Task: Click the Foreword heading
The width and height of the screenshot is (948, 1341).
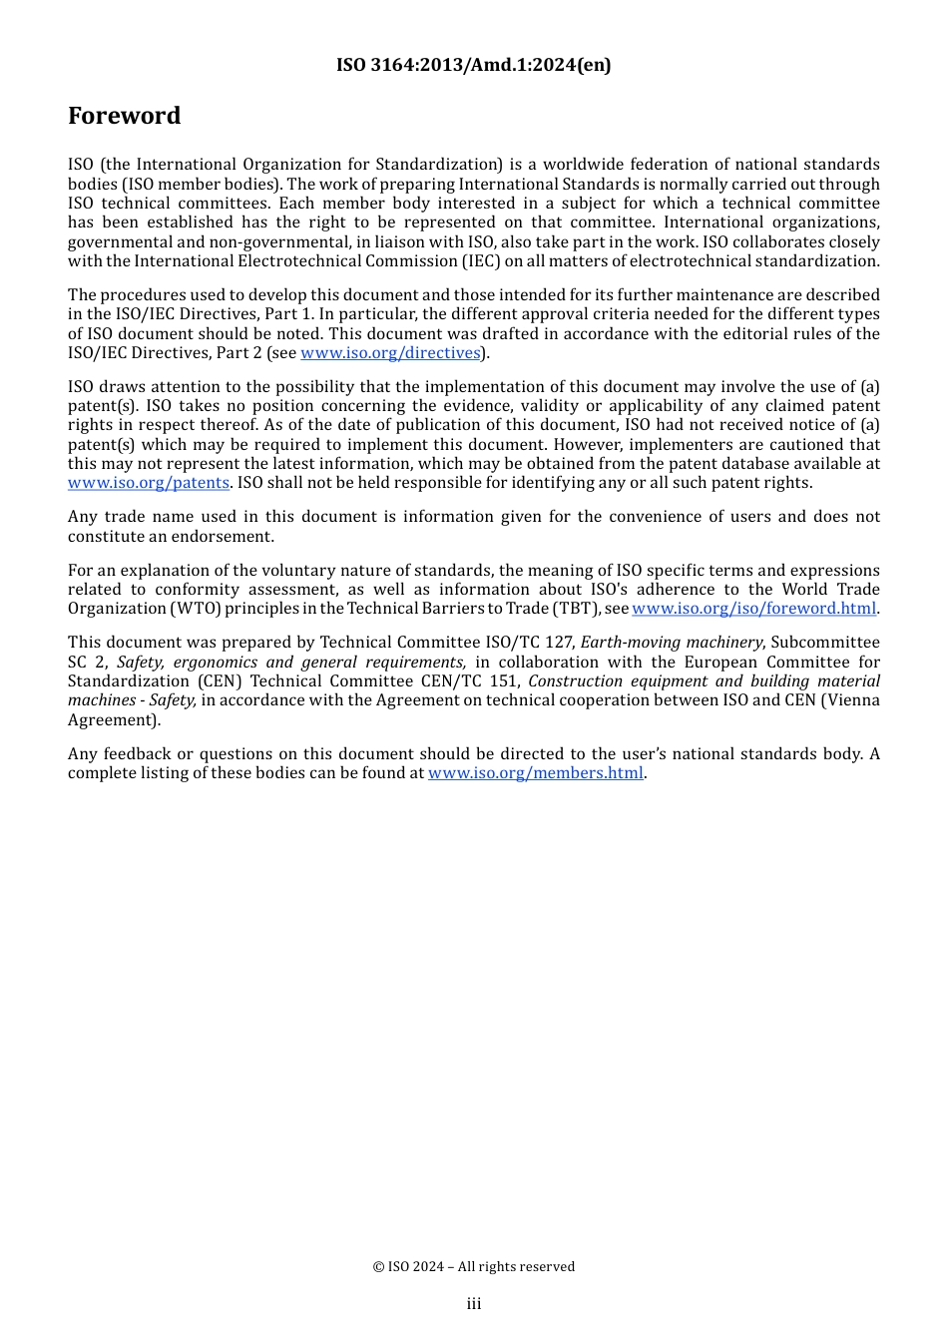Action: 124,116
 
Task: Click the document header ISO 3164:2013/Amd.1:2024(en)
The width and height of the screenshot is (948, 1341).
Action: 473,65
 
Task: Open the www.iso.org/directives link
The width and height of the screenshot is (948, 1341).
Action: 390,353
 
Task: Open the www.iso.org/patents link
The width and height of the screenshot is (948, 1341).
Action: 148,483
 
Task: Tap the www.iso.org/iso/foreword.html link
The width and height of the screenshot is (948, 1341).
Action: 753,609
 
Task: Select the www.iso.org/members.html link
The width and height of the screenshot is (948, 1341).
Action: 535,773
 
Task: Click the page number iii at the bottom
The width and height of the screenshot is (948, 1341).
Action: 474,1304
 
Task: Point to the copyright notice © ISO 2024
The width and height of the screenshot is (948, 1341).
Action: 473,1267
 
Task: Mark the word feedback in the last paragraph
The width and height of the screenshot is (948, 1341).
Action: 133,754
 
